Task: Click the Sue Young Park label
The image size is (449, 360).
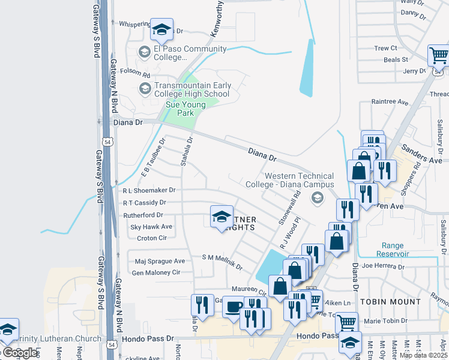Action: click(185, 109)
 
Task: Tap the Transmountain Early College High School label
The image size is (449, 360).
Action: click(192, 90)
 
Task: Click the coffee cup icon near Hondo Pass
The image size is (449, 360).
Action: click(234, 307)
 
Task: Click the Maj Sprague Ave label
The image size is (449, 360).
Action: click(160, 261)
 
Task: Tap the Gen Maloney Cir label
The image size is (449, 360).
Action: click(155, 272)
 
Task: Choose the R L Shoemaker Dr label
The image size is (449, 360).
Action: click(148, 190)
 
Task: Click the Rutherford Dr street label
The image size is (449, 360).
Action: click(143, 215)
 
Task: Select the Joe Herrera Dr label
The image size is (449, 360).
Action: click(384, 265)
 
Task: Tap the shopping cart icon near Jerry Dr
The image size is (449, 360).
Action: click(439, 56)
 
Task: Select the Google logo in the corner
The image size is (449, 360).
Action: click(21, 353)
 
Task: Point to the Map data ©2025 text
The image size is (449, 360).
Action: click(423, 355)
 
